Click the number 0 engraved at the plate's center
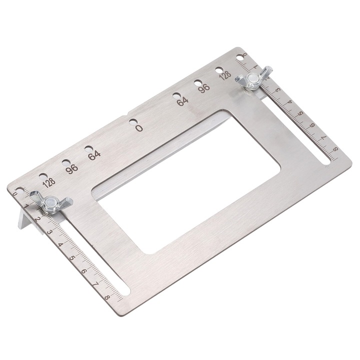pos(139,128)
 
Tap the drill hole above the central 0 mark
pos(132,121)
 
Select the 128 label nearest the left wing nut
pos(49,182)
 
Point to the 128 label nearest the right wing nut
pos(225,75)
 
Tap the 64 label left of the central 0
pos(94,154)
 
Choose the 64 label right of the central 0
pos(182,101)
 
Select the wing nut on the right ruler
pos(253,78)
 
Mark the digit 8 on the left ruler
pos(107,297)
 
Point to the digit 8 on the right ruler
pos(334,148)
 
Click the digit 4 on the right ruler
pos(289,101)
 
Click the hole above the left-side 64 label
pos(88,148)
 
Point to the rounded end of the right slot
pos(325,161)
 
